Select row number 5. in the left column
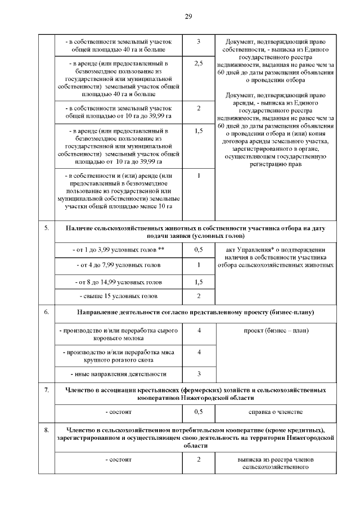(46, 228)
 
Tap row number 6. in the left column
(46, 311)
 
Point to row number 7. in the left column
(46, 389)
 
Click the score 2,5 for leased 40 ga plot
(199, 64)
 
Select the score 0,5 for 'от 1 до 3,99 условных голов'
(199, 249)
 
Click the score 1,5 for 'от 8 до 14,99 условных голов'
(199, 281)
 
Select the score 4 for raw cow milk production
(199, 330)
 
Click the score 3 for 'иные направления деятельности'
(199, 373)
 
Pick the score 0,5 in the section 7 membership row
(199, 412)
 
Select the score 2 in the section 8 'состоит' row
(199, 460)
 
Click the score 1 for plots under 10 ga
(199, 175)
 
